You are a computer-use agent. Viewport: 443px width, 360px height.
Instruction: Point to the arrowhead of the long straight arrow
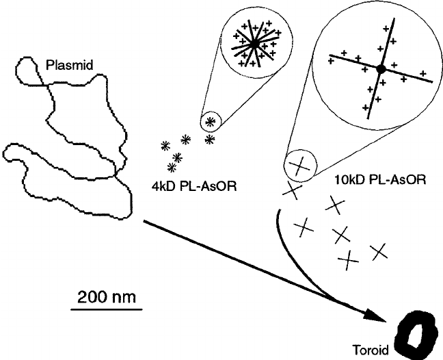pos(375,318)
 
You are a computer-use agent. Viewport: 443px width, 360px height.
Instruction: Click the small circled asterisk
pos(210,121)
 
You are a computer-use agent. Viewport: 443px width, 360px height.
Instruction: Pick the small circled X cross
pos(298,164)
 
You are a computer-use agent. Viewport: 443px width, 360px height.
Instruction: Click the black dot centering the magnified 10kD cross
pos(381,68)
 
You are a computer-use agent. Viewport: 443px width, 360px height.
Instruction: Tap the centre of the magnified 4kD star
pos(254,43)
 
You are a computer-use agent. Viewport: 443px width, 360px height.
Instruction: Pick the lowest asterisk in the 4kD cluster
pos(172,168)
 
